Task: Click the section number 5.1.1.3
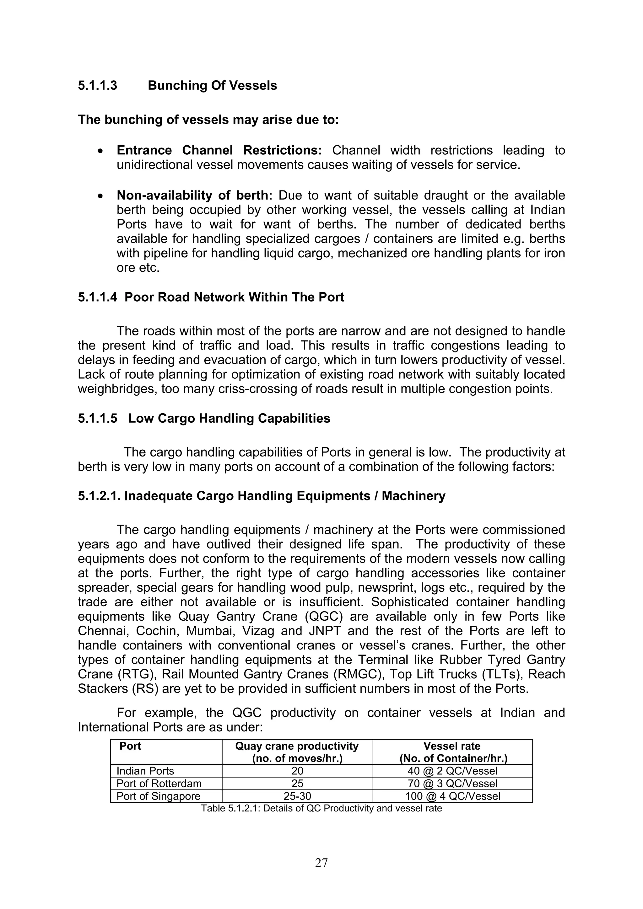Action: [97, 86]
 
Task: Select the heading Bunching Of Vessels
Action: [212, 86]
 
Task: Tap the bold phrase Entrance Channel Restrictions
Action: [219, 150]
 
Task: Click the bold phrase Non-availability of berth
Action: [195, 195]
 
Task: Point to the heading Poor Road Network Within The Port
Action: [234, 297]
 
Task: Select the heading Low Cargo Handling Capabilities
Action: [229, 419]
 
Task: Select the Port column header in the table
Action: [130, 746]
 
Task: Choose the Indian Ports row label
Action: [145, 771]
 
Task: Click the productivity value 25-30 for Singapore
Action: [297, 797]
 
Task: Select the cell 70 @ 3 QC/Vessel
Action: [452, 784]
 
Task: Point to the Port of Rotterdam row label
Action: [159, 784]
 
